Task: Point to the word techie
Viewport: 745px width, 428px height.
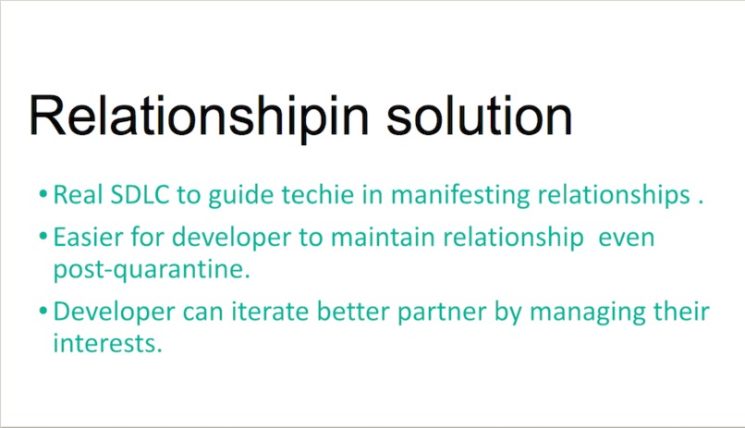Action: [299, 195]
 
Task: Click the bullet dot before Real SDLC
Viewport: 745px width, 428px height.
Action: [43, 196]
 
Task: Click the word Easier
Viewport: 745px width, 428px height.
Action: [87, 238]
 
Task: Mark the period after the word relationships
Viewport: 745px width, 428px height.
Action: [702, 201]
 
